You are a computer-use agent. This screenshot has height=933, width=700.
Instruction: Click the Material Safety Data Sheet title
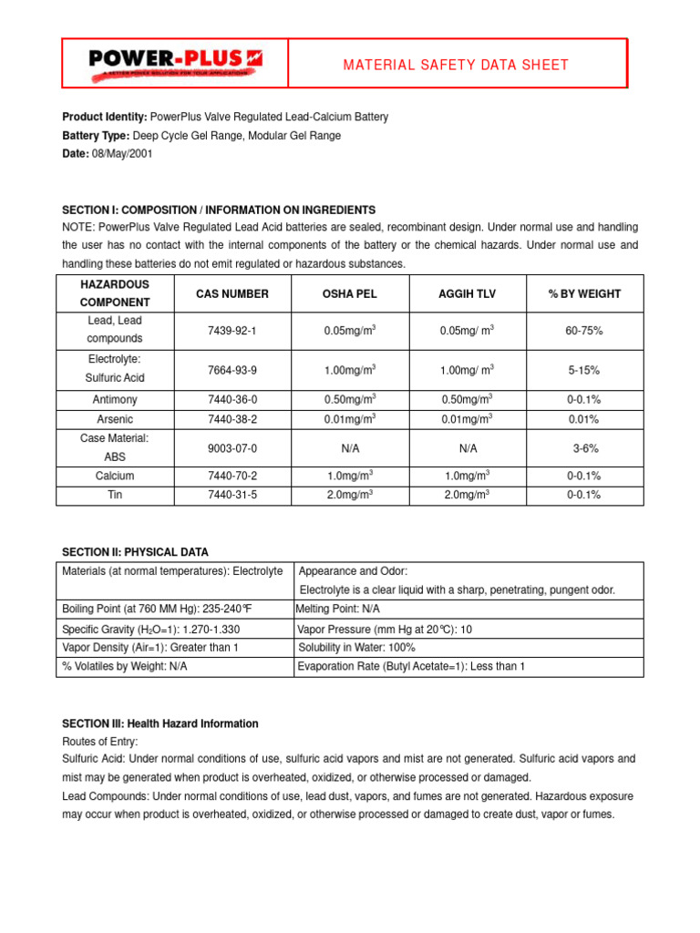[456, 65]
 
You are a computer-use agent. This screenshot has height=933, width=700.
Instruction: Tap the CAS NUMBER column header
[232, 293]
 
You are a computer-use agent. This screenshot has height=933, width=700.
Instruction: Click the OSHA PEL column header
[349, 293]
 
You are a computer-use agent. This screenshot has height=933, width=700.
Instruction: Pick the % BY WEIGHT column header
[584, 293]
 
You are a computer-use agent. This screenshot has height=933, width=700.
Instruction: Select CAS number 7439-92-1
[232, 331]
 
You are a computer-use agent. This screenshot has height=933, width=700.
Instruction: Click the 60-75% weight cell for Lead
[584, 331]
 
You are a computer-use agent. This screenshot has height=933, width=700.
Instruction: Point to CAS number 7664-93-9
[232, 370]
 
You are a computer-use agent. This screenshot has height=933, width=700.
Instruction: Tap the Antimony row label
[115, 400]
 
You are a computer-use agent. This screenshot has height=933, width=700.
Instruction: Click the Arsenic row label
[115, 419]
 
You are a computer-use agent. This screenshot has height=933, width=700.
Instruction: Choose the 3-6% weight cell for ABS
[584, 448]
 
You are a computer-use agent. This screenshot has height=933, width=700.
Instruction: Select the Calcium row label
[115, 476]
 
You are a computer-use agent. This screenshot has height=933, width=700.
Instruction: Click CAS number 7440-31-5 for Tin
[232, 495]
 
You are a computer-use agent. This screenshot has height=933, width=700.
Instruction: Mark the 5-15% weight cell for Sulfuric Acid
[584, 370]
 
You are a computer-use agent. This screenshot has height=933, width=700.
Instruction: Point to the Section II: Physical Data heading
[135, 552]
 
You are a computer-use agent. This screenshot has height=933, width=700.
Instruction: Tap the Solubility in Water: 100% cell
[356, 647]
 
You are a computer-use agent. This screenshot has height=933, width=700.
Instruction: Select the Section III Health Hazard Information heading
[160, 723]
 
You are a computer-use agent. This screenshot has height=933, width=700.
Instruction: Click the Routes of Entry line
[99, 742]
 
